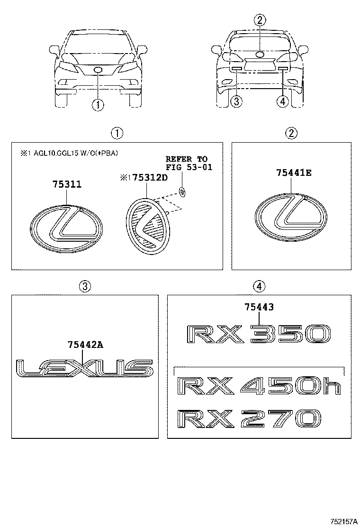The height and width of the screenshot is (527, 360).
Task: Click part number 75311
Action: coord(67,184)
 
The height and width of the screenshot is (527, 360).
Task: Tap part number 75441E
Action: coord(294,173)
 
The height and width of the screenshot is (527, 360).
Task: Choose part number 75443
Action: coord(259,308)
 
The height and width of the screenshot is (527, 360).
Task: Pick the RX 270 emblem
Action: coord(249,419)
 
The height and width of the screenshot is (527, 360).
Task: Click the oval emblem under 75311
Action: coord(67,227)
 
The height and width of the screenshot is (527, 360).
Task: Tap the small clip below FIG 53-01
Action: coord(183,191)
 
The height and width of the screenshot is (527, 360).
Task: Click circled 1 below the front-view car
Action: coord(97,104)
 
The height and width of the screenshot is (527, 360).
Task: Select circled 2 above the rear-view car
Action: coord(260,20)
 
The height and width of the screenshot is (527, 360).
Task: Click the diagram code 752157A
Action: coord(343,521)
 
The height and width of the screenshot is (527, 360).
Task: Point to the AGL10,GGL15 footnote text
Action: coord(69,153)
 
